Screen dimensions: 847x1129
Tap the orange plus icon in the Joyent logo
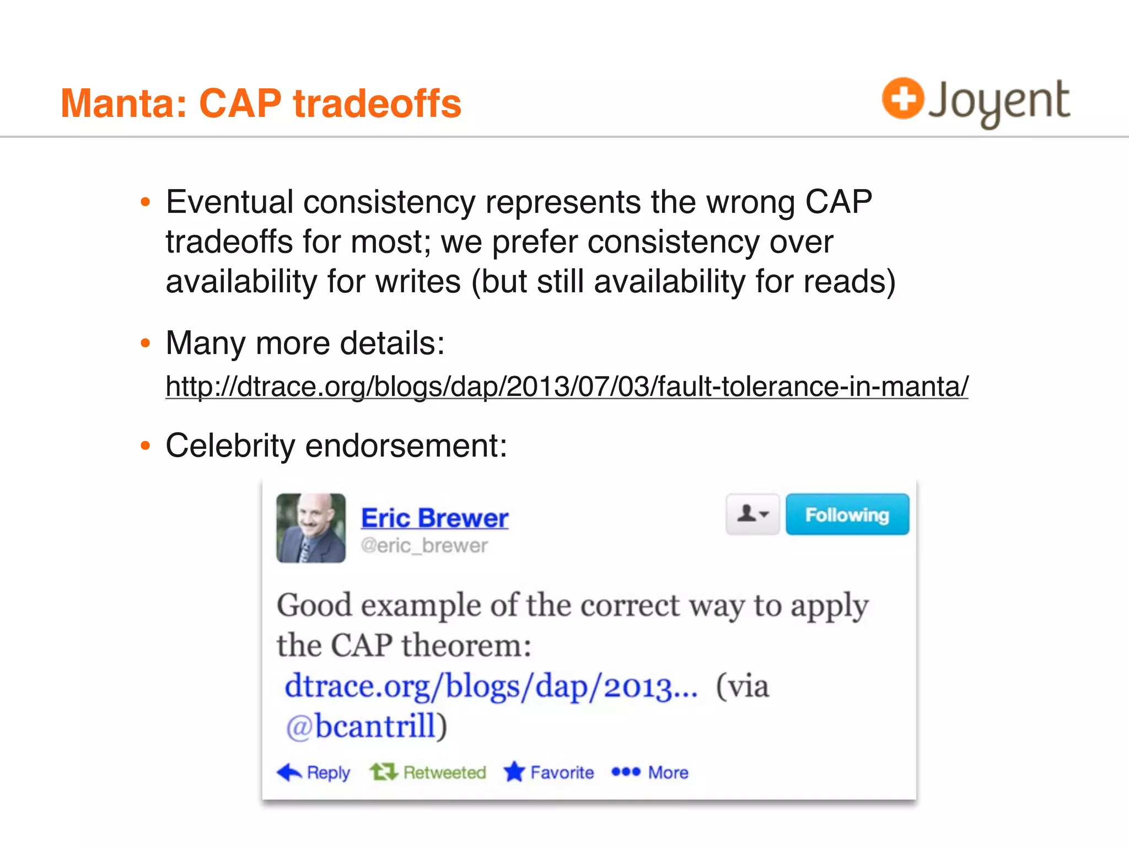point(902,99)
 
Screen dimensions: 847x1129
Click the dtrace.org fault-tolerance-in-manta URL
point(567,386)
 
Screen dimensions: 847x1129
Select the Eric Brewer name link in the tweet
point(434,518)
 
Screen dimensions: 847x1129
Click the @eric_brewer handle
point(424,546)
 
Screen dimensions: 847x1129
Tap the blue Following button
point(847,514)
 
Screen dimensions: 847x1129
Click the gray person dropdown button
point(752,514)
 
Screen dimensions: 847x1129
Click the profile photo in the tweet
point(311,528)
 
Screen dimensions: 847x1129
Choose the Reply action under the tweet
point(314,772)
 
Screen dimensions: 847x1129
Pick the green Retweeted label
point(444,772)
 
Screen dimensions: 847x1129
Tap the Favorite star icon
point(514,771)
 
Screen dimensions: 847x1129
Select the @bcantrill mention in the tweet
point(367,726)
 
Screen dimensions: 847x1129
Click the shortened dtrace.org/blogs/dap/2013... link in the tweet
point(491,687)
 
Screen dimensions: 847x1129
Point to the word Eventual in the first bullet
point(229,202)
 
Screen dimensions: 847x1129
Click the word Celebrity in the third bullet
point(230,446)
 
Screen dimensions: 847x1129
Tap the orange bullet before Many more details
point(146,343)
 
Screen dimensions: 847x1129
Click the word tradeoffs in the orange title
point(377,104)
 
